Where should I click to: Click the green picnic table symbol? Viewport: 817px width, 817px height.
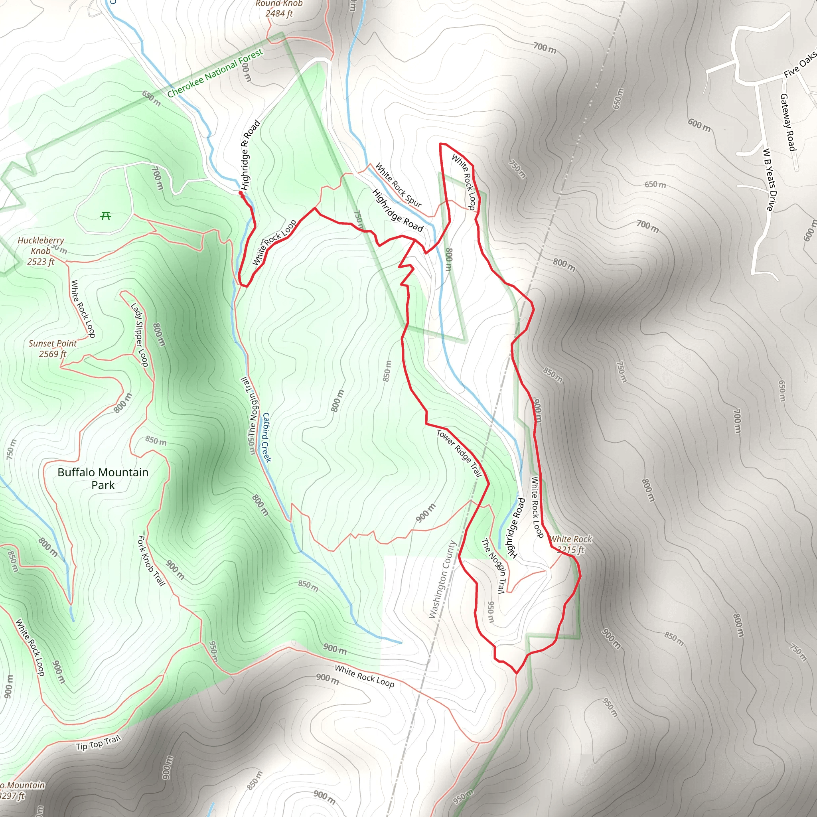click(x=106, y=216)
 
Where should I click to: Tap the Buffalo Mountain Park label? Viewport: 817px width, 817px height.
click(x=103, y=478)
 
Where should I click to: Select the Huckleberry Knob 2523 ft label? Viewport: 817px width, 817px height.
click(x=41, y=251)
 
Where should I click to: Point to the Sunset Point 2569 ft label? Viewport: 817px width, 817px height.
click(x=53, y=348)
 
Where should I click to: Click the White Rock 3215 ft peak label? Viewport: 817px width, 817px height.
click(x=571, y=544)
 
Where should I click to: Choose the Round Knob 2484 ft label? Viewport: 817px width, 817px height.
click(x=279, y=8)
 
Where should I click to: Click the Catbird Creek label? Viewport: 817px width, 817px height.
click(x=267, y=437)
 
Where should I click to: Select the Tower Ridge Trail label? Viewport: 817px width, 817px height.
click(x=459, y=453)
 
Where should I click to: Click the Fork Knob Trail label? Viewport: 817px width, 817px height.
click(x=151, y=560)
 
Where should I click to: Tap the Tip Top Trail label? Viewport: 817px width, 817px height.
click(x=99, y=742)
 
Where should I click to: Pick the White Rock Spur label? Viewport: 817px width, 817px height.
click(x=399, y=185)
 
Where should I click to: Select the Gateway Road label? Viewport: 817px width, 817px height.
click(x=788, y=122)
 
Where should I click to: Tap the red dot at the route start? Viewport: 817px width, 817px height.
click(x=241, y=193)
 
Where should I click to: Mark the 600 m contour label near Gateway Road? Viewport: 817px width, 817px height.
click(x=699, y=125)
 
